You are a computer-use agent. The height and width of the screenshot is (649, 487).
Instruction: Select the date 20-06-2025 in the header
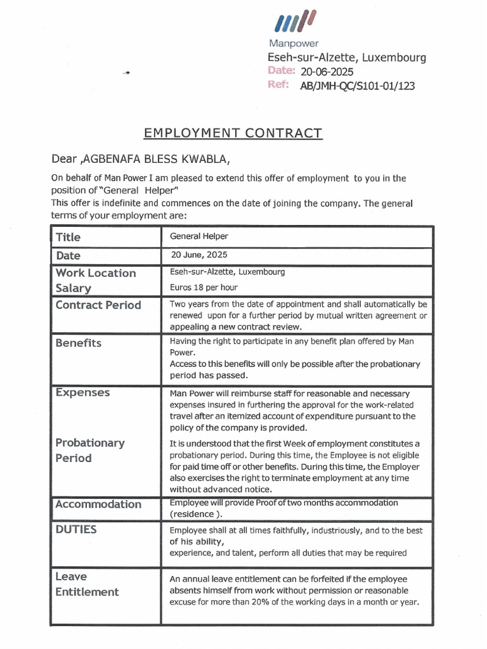coord(327,72)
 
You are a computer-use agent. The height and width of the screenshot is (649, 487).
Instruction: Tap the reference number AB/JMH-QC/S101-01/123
coord(357,86)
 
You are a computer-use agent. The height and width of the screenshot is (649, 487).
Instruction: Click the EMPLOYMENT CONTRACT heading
coord(233,133)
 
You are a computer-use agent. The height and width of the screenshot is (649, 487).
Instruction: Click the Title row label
coord(68,237)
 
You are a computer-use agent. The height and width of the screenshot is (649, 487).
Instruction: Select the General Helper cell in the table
coord(199,236)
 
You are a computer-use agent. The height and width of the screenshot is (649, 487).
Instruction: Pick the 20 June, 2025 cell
coord(198,255)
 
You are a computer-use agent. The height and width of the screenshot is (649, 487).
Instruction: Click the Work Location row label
coord(96,273)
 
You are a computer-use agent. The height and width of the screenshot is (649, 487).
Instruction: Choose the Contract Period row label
coord(98,305)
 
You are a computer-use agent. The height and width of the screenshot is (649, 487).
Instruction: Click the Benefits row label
coord(79,343)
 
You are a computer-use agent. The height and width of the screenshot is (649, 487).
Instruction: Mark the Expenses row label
coord(82,392)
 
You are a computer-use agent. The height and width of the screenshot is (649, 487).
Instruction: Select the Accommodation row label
coord(98,504)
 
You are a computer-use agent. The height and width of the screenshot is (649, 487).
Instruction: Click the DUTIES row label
coord(76,529)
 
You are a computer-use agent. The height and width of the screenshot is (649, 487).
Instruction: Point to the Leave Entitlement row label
coord(87,584)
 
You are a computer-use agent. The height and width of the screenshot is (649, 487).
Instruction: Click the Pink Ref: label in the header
coord(279,85)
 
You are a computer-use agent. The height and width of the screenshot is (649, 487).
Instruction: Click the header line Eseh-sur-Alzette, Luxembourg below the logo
coord(347,58)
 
